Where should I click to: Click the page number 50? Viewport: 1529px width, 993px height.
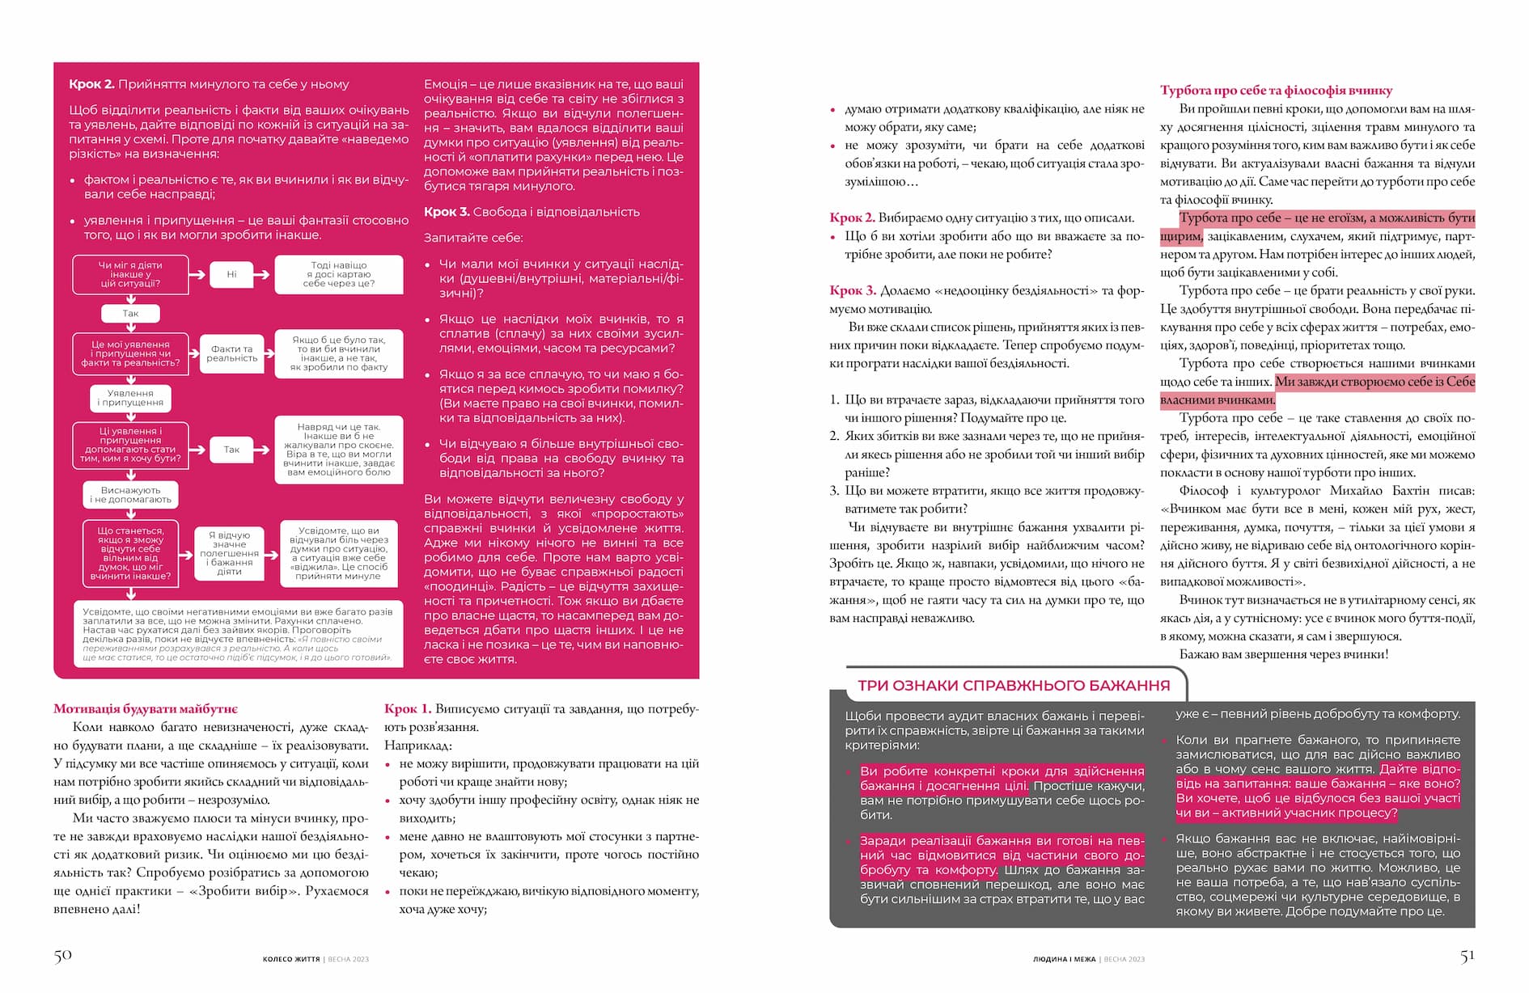tap(63, 955)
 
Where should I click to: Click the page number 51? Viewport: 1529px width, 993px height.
tap(1468, 955)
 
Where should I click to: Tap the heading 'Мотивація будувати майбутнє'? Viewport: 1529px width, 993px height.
tap(146, 709)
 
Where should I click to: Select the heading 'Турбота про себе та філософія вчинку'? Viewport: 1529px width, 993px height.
tap(1276, 91)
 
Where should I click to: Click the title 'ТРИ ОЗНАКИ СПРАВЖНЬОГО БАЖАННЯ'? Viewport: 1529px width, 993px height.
tap(1013, 686)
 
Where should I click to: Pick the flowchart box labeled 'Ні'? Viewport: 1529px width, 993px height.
tap(231, 274)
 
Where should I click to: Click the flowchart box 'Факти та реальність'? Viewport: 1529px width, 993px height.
tap(231, 353)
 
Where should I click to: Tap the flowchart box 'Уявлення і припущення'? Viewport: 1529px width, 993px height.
tap(130, 398)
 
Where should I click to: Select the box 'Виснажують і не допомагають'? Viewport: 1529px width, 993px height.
tap(130, 495)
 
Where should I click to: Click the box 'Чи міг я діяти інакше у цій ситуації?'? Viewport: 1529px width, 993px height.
tap(130, 274)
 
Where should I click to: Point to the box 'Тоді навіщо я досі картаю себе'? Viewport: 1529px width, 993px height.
tap(339, 274)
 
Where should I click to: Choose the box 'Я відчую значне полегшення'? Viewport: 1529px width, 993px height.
tap(229, 553)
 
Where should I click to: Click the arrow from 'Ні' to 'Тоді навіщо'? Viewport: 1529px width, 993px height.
tap(260, 274)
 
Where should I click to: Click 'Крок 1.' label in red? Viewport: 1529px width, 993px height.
tap(408, 709)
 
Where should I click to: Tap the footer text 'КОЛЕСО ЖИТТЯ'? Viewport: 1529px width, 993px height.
tap(291, 959)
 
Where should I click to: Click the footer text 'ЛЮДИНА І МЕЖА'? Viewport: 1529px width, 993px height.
tap(1064, 959)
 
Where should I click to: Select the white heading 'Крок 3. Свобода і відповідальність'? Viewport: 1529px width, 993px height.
tap(532, 212)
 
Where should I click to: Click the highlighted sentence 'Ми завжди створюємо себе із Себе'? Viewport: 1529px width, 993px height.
tap(1374, 382)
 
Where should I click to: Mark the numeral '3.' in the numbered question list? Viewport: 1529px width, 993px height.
tap(834, 491)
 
